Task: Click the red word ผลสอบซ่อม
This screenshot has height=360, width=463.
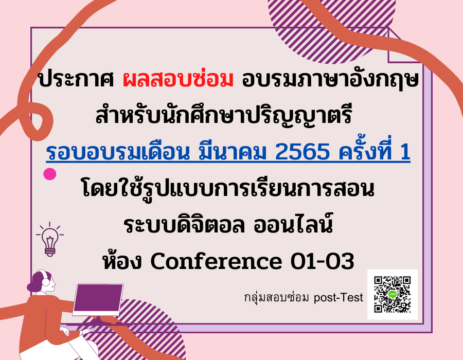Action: (178, 79)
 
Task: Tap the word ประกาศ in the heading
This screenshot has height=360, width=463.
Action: (76, 79)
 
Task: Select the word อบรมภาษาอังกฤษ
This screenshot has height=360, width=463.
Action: (330, 80)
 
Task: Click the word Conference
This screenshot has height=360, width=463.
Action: (216, 261)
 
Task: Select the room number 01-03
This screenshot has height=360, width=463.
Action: (322, 261)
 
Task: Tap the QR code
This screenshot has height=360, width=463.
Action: (392, 294)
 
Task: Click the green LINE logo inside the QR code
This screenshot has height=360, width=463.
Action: (393, 294)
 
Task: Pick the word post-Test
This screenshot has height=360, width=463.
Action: (338, 298)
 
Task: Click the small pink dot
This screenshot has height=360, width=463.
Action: (49, 174)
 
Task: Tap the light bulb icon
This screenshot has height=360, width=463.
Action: (50, 240)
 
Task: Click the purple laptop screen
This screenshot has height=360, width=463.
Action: (98, 299)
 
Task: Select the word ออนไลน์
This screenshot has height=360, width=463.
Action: (293, 224)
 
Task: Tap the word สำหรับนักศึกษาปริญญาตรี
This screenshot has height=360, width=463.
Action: (224, 115)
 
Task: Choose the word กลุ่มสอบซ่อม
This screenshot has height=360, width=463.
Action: (276, 297)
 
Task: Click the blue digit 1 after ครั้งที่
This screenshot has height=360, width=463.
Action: (404, 152)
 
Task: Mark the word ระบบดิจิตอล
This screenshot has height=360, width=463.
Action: (184, 225)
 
